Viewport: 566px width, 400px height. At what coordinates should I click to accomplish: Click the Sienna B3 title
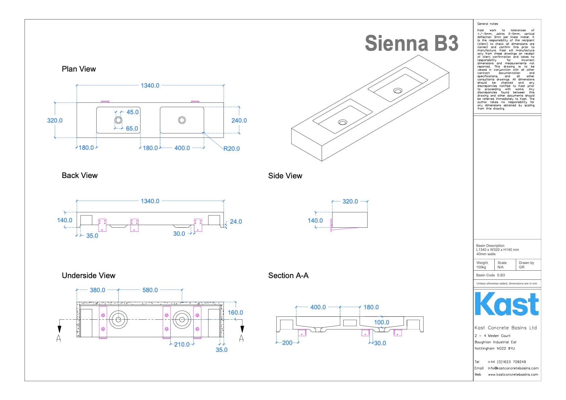tap(411, 43)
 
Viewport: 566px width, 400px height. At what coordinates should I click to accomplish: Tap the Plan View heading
tap(79, 69)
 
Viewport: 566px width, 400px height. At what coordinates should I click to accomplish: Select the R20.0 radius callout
tap(232, 148)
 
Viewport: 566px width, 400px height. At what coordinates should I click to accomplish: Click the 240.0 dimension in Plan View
tap(239, 120)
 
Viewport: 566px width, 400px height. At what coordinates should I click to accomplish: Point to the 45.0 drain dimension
tap(132, 112)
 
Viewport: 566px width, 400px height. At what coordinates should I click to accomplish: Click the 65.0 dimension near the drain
tap(132, 128)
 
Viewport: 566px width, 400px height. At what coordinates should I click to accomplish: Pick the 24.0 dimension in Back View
tap(236, 222)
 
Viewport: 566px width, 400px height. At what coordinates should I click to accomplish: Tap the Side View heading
tap(285, 176)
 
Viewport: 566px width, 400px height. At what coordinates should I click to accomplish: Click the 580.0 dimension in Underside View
tap(150, 290)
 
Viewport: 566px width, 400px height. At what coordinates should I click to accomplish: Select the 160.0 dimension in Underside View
tap(235, 312)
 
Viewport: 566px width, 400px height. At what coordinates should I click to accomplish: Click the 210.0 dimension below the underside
tap(182, 344)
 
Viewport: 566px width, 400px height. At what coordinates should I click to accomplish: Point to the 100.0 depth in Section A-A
tap(381, 322)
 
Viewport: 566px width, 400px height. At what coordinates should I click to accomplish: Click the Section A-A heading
tap(288, 275)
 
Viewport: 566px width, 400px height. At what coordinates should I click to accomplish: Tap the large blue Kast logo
tap(507, 304)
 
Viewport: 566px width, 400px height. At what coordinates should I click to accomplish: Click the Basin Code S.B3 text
tap(490, 275)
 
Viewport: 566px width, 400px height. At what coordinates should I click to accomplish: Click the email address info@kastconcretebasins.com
tap(513, 368)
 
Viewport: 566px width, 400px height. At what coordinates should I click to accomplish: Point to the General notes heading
tap(487, 24)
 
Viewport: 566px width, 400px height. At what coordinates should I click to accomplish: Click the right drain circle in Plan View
tap(182, 120)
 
